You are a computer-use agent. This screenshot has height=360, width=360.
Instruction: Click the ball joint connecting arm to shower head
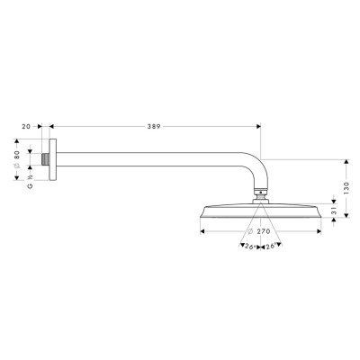pos(260,192)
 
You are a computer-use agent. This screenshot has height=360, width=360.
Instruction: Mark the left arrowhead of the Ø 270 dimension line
pos(201,231)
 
